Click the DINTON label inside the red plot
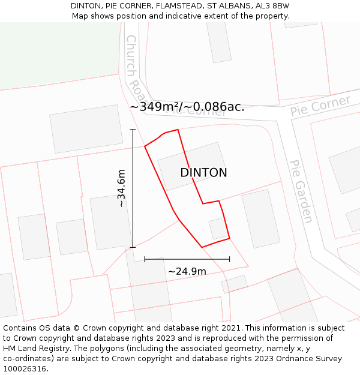coord(203,173)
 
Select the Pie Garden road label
coord(301,191)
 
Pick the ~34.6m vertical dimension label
coord(122,188)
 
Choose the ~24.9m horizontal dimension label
coord(187,271)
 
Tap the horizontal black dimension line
coord(187,259)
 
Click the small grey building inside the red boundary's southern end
coord(218,229)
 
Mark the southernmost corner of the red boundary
coord(202,247)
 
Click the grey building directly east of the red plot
coord(261,218)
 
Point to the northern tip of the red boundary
coord(178,130)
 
